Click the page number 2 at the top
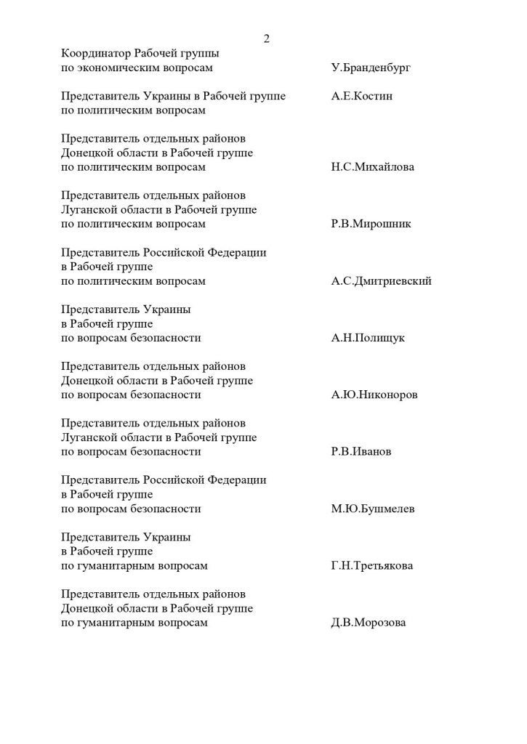(x=266, y=39)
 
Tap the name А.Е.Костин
(x=362, y=96)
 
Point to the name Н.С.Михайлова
(x=372, y=167)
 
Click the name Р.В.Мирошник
(x=371, y=224)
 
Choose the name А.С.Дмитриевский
(x=381, y=281)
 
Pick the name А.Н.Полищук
(x=368, y=338)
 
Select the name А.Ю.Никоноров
(x=375, y=395)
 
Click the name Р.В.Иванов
(x=361, y=451)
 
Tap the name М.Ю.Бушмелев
(x=373, y=509)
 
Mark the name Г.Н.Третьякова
(x=371, y=565)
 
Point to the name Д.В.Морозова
(x=369, y=623)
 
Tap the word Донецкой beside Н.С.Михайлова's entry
(x=87, y=153)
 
